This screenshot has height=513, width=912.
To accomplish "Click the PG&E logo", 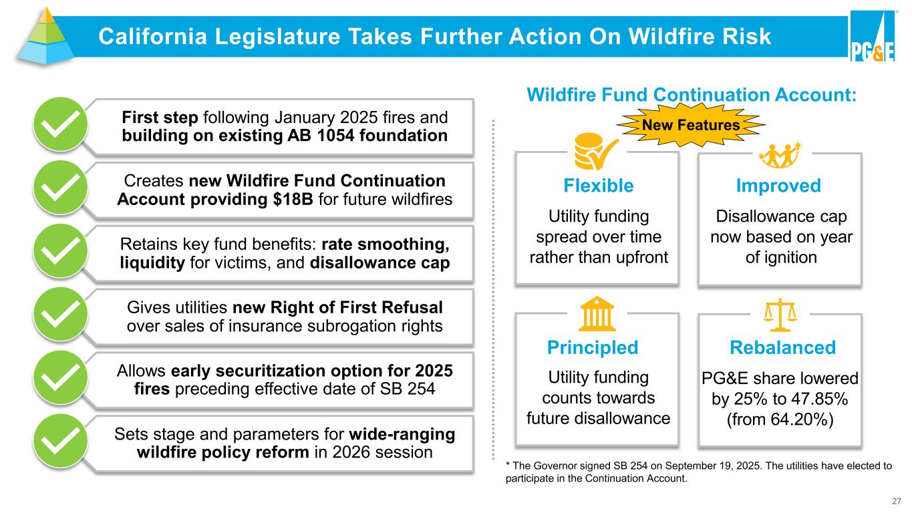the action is (873, 36).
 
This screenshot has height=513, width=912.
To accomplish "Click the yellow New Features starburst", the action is (691, 125).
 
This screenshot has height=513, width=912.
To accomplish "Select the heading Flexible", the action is (599, 186).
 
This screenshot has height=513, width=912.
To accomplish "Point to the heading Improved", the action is (778, 186).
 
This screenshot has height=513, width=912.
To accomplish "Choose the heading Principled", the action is (593, 348).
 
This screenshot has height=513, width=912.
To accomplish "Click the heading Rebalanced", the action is (782, 348).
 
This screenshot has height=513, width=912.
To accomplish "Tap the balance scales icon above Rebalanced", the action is (780, 315).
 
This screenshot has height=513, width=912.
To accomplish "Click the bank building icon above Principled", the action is (597, 314).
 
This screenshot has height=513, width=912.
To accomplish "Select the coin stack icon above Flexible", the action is (595, 151).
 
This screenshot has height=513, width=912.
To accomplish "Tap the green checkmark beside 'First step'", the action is (60, 124).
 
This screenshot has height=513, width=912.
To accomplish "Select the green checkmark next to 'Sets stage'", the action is (60, 441).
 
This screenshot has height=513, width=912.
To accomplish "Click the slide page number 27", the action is (896, 501).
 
